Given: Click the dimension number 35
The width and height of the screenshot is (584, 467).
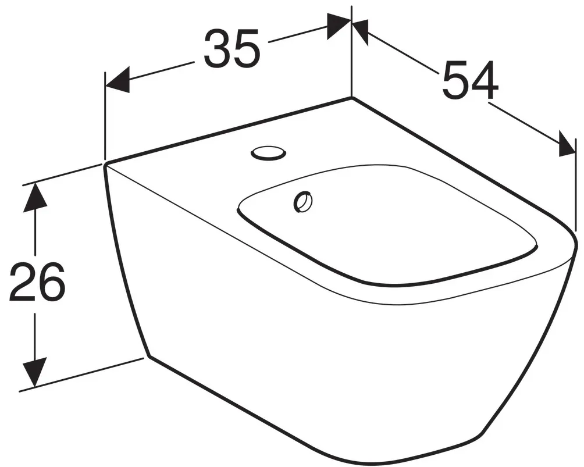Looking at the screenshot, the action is [x=232, y=48].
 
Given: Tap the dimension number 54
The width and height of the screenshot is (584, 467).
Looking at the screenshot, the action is [x=471, y=80].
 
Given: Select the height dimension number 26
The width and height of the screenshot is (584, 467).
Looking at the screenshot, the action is [x=37, y=282].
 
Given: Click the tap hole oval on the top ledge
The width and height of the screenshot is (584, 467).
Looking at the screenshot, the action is [x=268, y=153].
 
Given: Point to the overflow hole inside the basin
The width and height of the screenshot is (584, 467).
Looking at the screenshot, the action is [x=302, y=202].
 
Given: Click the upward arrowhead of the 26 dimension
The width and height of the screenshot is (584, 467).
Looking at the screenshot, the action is [x=35, y=197].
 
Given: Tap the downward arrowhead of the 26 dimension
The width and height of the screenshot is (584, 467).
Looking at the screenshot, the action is [x=35, y=372].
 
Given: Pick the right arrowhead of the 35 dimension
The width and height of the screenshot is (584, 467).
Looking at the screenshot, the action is [x=339, y=26].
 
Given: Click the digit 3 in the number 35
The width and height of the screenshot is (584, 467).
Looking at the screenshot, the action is [x=217, y=49].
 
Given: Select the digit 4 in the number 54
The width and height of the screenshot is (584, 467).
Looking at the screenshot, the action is [x=485, y=80].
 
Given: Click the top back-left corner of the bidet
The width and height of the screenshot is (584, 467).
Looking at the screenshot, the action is [x=105, y=164].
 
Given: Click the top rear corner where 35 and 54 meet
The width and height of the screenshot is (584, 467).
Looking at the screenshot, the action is [x=351, y=98].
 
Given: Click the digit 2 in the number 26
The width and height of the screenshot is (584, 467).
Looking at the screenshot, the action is [x=22, y=282].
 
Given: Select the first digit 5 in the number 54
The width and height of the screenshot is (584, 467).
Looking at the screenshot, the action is [x=455, y=80].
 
